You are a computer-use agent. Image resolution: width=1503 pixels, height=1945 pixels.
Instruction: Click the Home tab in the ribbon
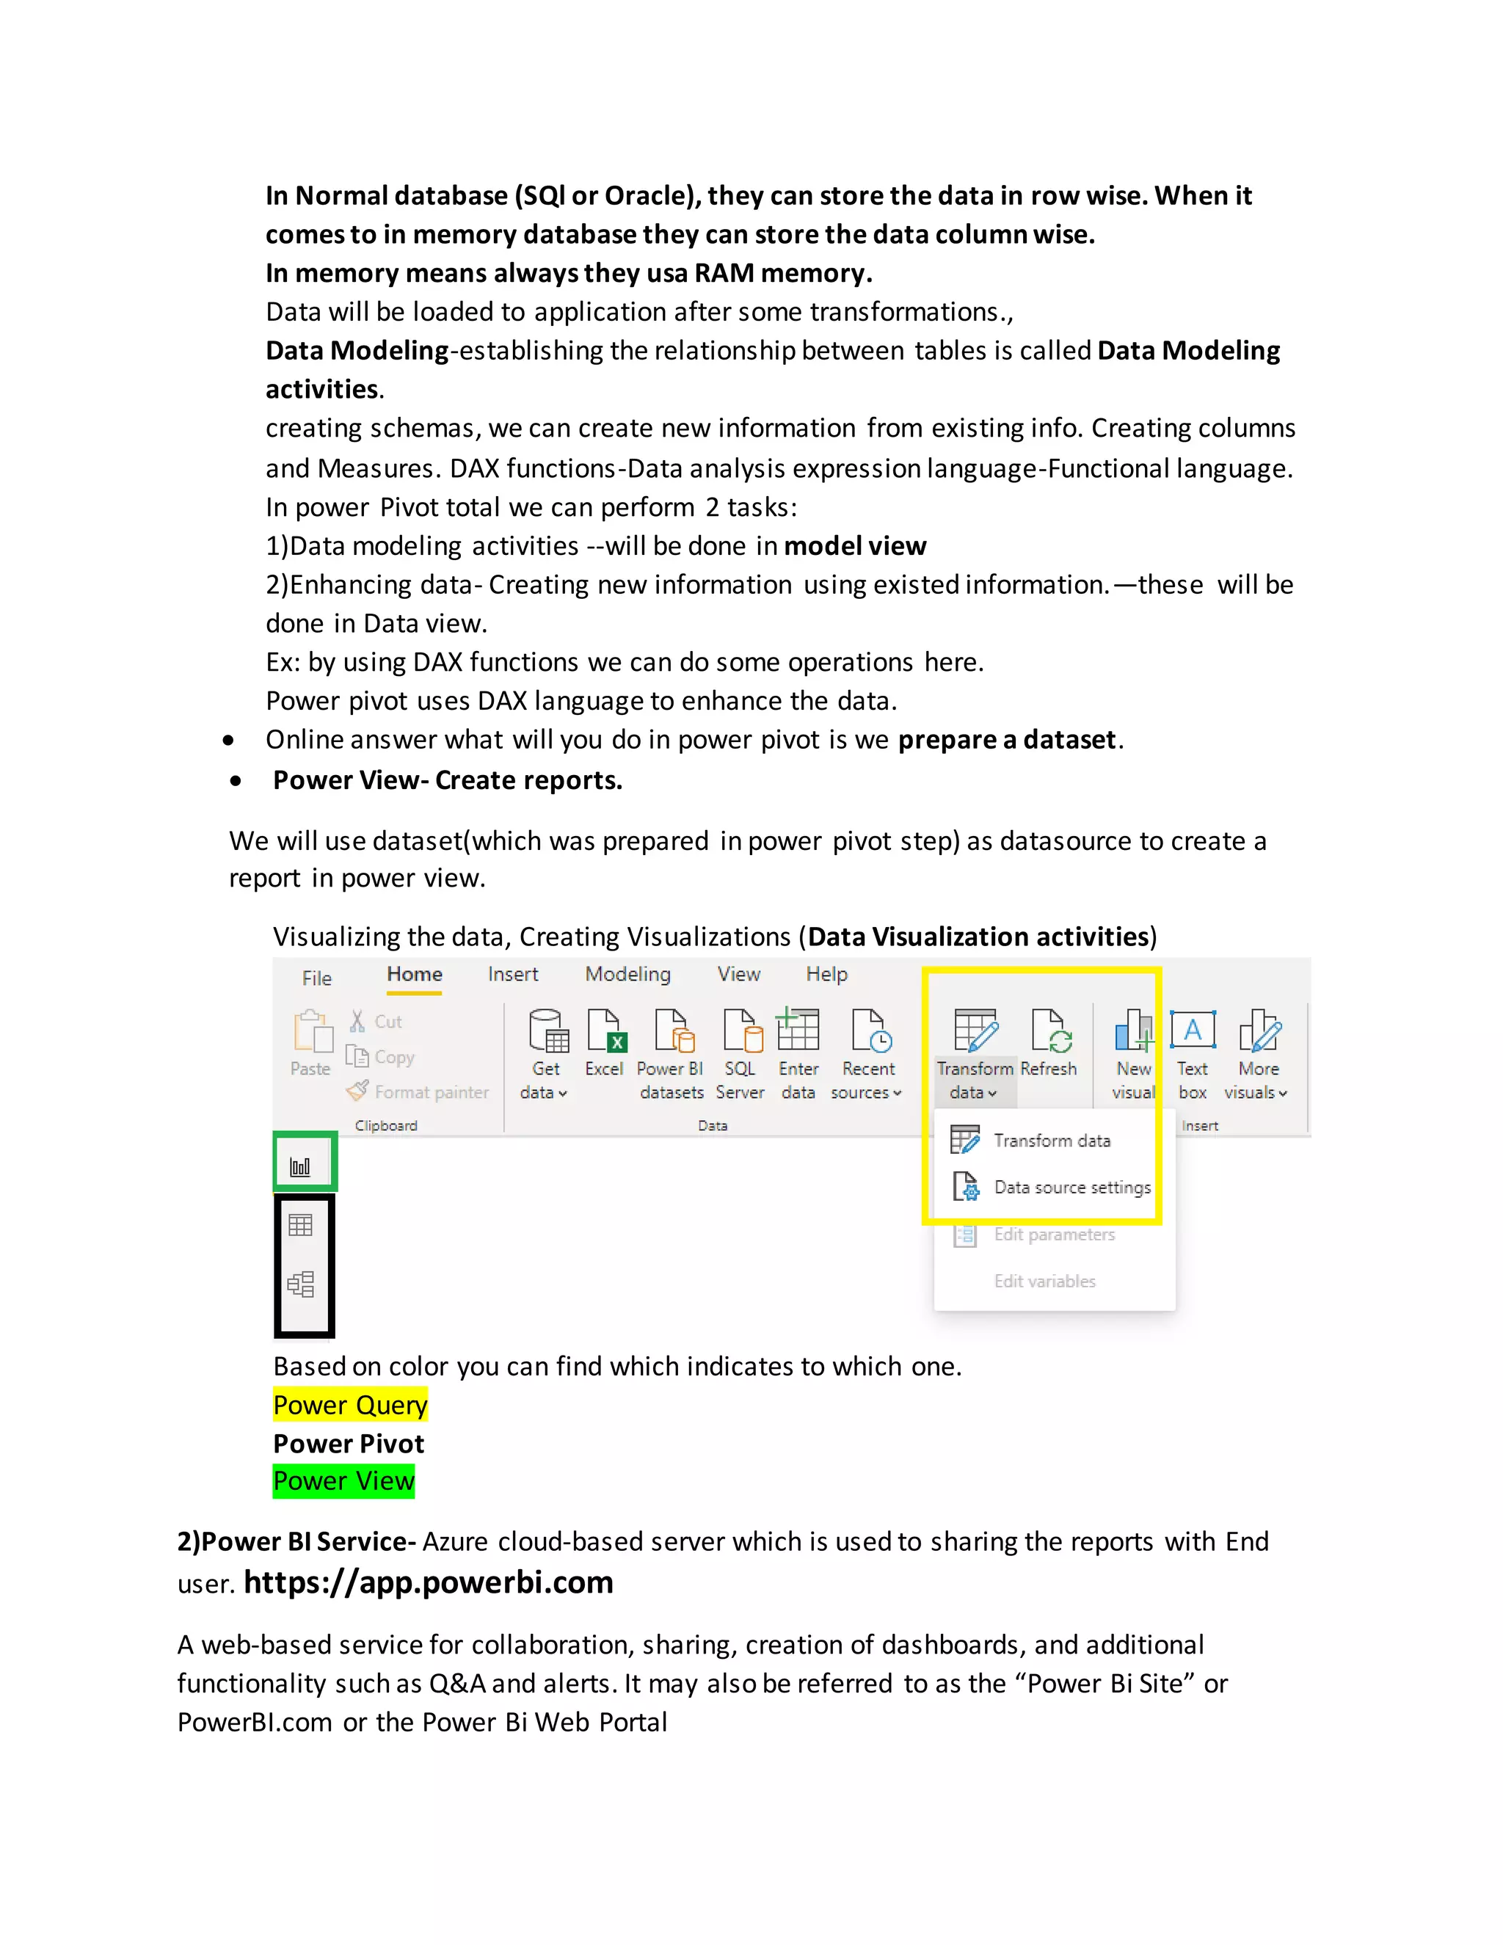414,974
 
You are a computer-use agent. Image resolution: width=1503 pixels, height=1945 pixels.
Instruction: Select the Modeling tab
627,974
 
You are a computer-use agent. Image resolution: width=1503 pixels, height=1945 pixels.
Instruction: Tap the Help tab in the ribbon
826,974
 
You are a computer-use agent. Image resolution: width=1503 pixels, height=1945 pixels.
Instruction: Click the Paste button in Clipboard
310,1043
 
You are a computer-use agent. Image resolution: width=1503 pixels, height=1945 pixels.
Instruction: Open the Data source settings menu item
1071,1187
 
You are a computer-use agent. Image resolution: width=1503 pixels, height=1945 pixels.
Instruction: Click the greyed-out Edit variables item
1044,1281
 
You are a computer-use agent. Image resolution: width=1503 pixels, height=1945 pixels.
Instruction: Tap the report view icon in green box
301,1165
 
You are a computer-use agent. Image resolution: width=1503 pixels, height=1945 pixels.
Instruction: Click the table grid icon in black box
301,1226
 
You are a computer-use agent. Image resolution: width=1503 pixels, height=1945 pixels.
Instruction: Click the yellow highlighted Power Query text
350,1404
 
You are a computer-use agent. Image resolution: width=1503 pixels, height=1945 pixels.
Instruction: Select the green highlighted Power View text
343,1481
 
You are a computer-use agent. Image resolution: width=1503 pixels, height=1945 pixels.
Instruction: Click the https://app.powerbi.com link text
429,1582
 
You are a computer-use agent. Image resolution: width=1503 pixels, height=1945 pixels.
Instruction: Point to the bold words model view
855,546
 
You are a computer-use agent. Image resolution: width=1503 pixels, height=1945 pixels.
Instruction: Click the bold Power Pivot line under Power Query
348,1444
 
